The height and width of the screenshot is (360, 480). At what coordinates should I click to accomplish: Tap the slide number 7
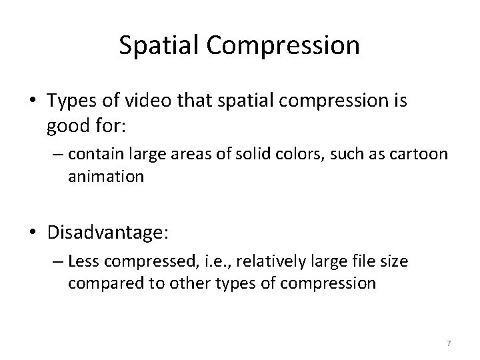449,343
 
